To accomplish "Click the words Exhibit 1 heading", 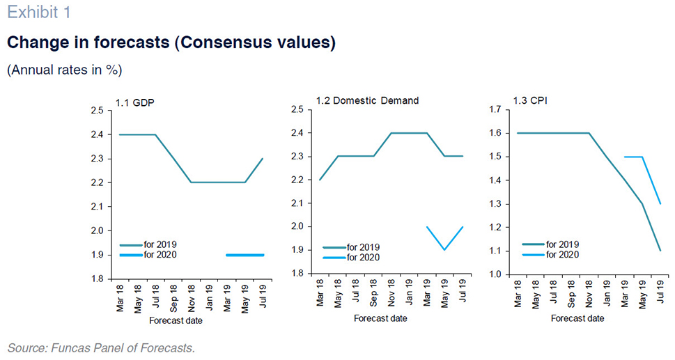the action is pyautogui.click(x=39, y=12).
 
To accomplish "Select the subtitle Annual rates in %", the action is pyautogui.click(x=65, y=70).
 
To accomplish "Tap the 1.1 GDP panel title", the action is pyautogui.click(x=134, y=103).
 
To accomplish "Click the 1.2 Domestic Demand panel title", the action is pyautogui.click(x=367, y=101).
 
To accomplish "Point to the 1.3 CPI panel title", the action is pyautogui.click(x=530, y=101).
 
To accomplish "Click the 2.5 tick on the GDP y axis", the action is pyautogui.click(x=98, y=111).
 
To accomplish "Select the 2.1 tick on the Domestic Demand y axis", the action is pyautogui.click(x=298, y=203).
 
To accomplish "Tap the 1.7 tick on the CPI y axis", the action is pyautogui.click(x=495, y=110).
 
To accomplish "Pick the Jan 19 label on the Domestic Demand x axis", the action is pyautogui.click(x=409, y=292).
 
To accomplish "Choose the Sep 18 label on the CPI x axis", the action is pyautogui.click(x=571, y=294).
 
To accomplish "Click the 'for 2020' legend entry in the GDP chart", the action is pyautogui.click(x=148, y=255).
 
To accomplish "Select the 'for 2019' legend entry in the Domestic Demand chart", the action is pyautogui.click(x=351, y=247).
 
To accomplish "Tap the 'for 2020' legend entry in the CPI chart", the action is pyautogui.click(x=550, y=255).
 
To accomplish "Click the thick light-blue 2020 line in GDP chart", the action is pyautogui.click(x=245, y=255).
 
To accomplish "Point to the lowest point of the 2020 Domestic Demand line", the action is pyautogui.click(x=444, y=250).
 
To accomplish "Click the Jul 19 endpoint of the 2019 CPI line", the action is pyautogui.click(x=660, y=251).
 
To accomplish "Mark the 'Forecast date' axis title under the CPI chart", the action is pyautogui.click(x=577, y=318).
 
